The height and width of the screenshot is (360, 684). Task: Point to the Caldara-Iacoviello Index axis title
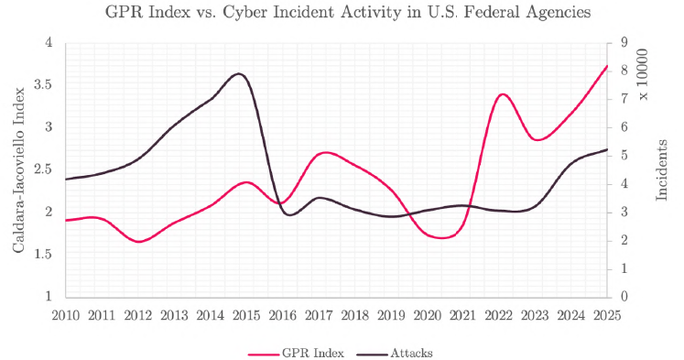(16, 169)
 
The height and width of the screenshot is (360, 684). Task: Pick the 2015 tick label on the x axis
(246, 315)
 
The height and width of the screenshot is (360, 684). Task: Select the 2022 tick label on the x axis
(499, 315)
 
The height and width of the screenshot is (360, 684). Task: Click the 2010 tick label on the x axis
(66, 315)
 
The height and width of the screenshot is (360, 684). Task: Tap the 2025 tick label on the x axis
(607, 315)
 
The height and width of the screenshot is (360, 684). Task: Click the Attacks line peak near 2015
(240, 73)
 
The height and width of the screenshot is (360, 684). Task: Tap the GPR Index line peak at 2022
(501, 94)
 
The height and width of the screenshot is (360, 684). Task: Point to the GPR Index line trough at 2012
(138, 242)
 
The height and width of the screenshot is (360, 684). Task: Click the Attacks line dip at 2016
(289, 215)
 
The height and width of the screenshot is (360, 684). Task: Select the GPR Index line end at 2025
(607, 66)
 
